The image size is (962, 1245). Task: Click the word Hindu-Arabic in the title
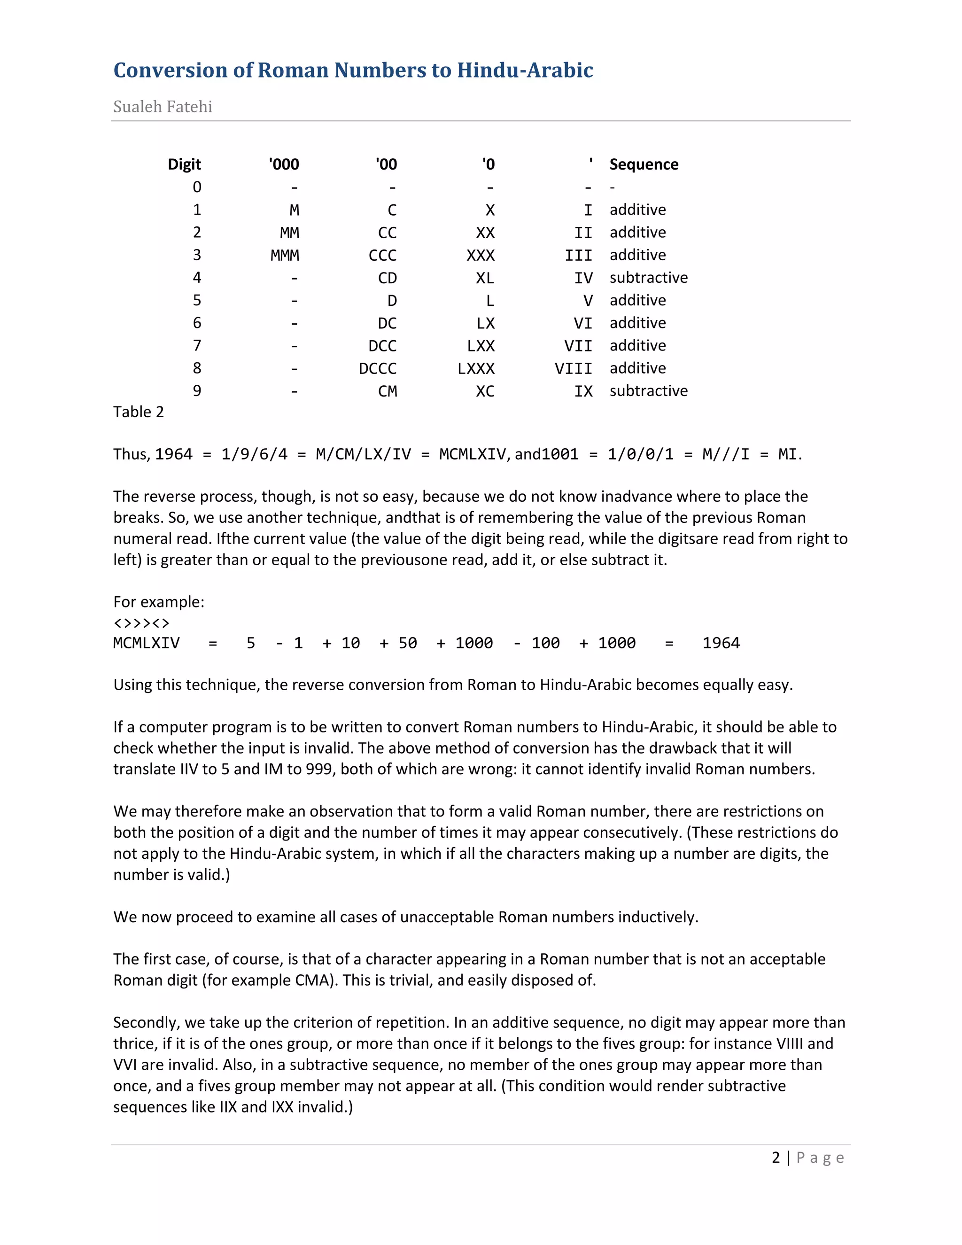click(x=525, y=70)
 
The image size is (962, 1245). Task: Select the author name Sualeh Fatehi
click(x=163, y=107)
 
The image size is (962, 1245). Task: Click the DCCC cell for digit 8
click(x=377, y=369)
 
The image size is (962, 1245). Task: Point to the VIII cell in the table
click(x=574, y=369)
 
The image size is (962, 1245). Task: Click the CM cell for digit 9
click(x=388, y=391)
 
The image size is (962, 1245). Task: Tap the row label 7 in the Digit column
click(x=197, y=345)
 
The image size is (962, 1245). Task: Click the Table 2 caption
click(x=139, y=412)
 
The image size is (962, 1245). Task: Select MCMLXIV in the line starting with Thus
click(x=472, y=454)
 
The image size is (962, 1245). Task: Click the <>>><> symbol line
click(x=141, y=622)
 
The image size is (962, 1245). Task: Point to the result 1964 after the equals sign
click(x=721, y=643)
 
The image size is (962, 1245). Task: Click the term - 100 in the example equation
click(x=537, y=643)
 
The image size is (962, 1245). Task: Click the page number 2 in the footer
click(x=776, y=1158)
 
